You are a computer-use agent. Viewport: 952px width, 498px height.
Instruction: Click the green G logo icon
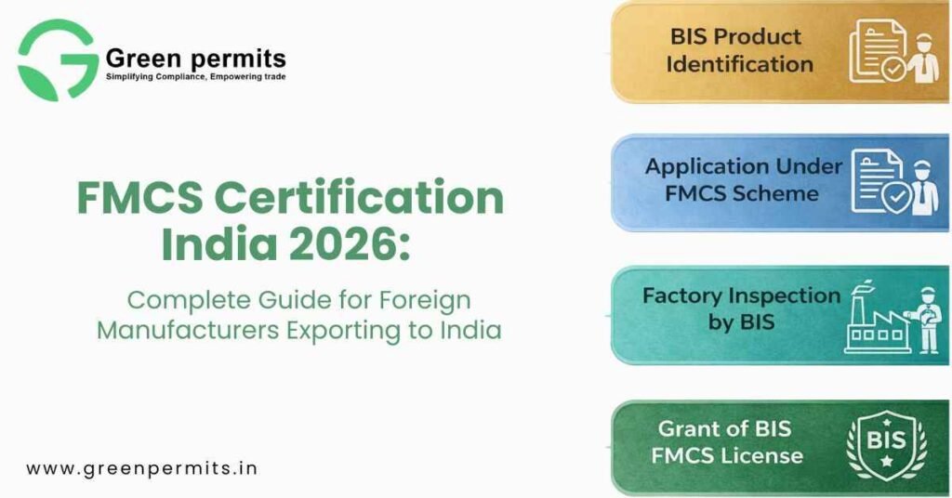tap(59, 59)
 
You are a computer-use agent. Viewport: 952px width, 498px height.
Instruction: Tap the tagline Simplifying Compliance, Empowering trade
tap(195, 77)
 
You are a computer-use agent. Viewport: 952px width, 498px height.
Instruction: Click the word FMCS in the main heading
tap(139, 198)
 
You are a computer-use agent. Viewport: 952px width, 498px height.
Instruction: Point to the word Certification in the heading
tap(360, 198)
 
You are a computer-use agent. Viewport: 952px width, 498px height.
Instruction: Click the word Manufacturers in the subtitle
tap(188, 331)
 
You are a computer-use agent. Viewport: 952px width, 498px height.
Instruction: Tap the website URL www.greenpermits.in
tap(142, 469)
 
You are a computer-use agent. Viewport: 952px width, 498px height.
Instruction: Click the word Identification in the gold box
tap(739, 64)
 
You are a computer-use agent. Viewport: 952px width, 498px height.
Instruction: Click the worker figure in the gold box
tap(923, 59)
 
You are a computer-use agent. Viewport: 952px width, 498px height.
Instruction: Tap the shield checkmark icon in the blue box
tap(896, 198)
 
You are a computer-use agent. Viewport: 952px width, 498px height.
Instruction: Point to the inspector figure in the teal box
tap(925, 321)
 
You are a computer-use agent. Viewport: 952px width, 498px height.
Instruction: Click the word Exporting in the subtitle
tap(343, 331)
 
